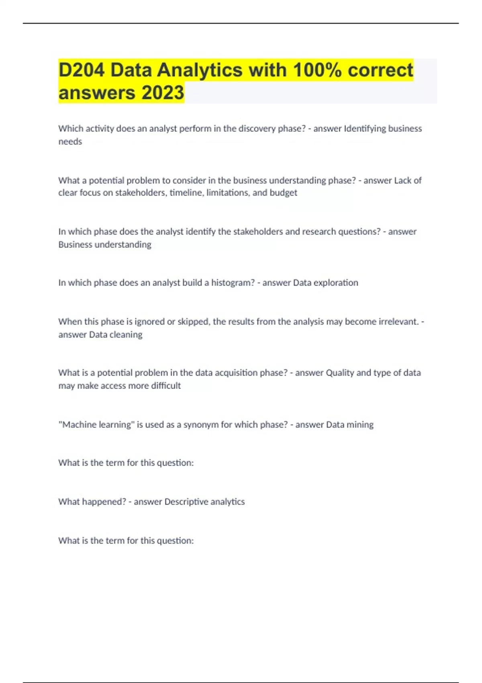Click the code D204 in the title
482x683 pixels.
82,70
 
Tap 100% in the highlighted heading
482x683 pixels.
317,70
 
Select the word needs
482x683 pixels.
70,141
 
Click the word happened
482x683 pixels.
104,502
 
